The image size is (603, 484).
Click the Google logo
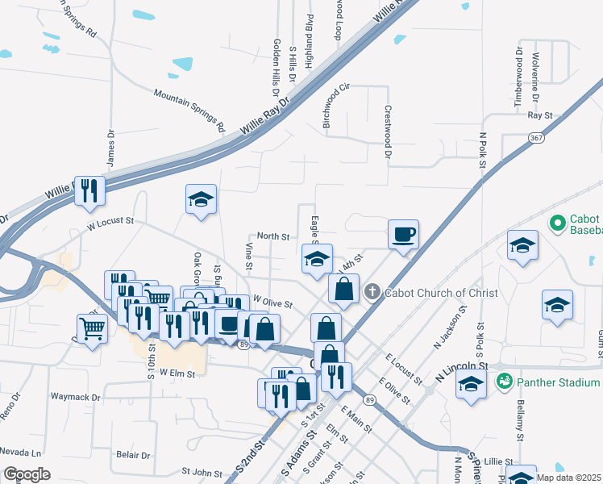point(27,474)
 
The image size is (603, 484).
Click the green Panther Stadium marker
point(505,381)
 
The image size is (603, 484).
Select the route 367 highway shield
point(536,138)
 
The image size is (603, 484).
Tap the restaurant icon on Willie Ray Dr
point(89,191)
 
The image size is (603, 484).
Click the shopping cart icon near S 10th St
point(93,328)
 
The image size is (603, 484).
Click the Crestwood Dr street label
point(388,131)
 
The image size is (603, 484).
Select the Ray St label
point(539,115)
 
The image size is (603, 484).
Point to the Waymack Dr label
point(75,397)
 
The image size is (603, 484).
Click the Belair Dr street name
point(133,455)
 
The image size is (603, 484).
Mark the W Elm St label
point(179,372)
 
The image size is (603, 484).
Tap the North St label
point(272,236)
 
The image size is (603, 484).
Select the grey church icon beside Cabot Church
point(372,292)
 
